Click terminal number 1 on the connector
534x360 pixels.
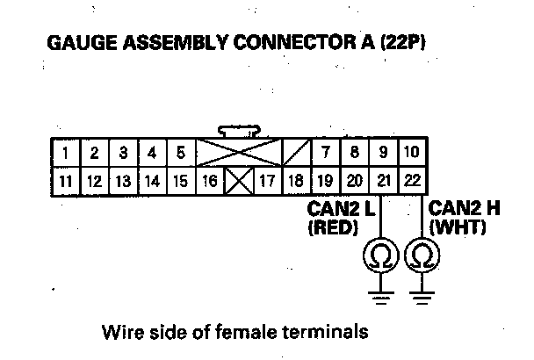click(x=67, y=154)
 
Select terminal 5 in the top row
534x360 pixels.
click(x=179, y=154)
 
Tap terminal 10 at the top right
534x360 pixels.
click(x=410, y=154)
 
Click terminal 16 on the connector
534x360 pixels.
click(x=209, y=182)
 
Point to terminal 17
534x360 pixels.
click(x=267, y=182)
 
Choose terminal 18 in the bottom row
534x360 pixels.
click(x=296, y=182)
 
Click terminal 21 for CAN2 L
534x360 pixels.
click(x=383, y=182)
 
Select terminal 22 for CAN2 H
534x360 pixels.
click(x=411, y=182)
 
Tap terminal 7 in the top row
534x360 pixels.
click(x=325, y=154)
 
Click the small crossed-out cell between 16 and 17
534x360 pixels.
click(x=238, y=182)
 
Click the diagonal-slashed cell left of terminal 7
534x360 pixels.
click(x=296, y=154)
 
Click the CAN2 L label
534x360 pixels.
click(x=339, y=211)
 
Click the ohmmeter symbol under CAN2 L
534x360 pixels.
click(x=383, y=256)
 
